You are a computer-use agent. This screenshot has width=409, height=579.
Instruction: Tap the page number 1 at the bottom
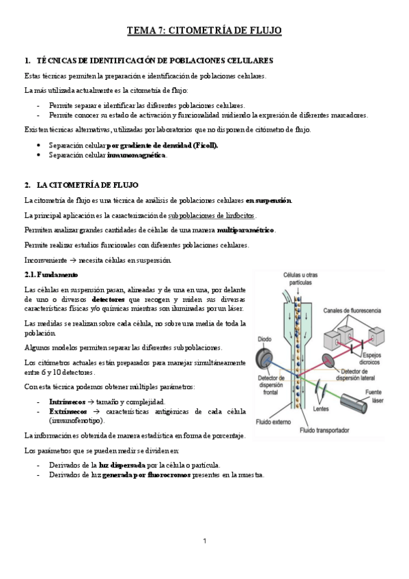[204, 541]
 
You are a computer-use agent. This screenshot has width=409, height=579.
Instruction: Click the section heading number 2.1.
[30, 274]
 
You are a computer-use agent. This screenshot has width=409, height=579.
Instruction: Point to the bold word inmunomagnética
[137, 155]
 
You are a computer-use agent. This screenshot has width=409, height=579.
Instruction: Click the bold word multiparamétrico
[246, 231]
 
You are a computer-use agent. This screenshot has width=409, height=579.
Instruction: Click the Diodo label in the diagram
[264, 339]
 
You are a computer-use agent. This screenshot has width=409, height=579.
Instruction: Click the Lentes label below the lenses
[321, 410]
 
